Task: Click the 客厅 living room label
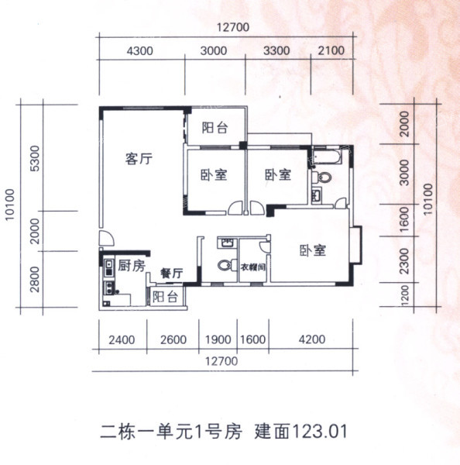[x=139, y=159]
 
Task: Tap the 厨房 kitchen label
[x=132, y=265]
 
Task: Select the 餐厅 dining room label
[x=172, y=274]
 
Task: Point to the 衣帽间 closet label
[x=252, y=267]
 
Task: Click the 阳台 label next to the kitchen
[x=165, y=297]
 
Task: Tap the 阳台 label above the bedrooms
[x=215, y=128]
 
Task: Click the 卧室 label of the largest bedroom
[x=313, y=250]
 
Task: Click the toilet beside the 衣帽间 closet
[x=227, y=265]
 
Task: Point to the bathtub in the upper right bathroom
[x=327, y=157]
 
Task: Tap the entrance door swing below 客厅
[x=107, y=237]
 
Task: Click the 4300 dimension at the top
[x=139, y=51]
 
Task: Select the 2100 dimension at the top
[x=331, y=50]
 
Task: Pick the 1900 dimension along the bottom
[x=218, y=340]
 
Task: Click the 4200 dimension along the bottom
[x=312, y=339]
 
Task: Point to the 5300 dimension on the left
[x=35, y=159]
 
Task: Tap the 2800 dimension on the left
[x=35, y=279]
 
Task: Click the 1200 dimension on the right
[x=404, y=295]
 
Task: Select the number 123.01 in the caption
[x=320, y=432]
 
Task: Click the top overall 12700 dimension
[x=233, y=27]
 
